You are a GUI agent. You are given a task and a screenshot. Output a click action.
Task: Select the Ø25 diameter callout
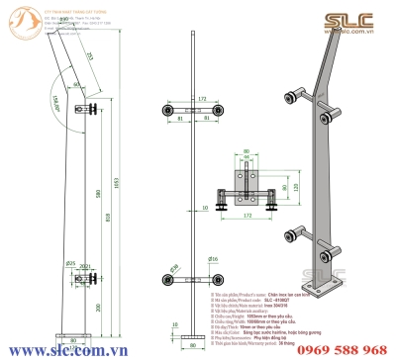70,264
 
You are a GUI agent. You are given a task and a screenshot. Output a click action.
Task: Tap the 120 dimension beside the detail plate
269,186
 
